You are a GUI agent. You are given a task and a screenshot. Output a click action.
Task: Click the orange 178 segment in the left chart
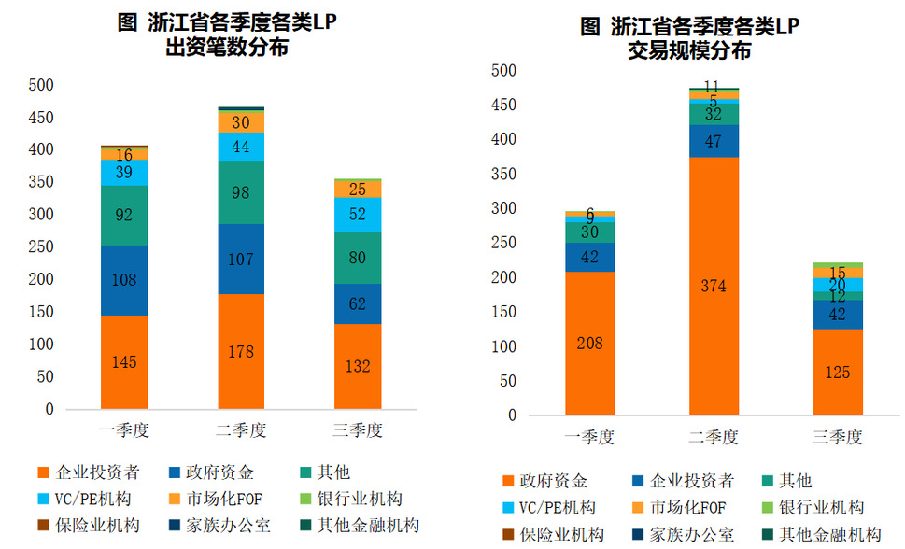(x=241, y=351)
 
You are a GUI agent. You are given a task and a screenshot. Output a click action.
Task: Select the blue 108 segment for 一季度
(x=123, y=280)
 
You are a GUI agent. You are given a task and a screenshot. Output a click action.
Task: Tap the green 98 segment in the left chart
(x=241, y=192)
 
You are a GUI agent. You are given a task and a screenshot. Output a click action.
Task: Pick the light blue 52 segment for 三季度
(x=358, y=214)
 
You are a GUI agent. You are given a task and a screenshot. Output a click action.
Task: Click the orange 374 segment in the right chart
(x=714, y=286)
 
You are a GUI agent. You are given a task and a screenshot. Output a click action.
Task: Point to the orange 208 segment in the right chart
(x=589, y=343)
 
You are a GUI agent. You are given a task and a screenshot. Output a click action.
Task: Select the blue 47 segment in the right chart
(x=714, y=141)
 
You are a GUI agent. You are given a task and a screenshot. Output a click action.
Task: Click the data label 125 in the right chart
(x=838, y=373)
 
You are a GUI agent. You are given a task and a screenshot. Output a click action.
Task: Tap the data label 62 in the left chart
(x=358, y=303)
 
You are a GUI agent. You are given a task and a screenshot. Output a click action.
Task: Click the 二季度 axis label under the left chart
(x=241, y=430)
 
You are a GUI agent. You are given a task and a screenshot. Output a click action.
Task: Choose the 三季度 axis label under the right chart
(x=838, y=437)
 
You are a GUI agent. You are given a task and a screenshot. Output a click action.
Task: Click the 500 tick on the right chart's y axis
(x=503, y=70)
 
